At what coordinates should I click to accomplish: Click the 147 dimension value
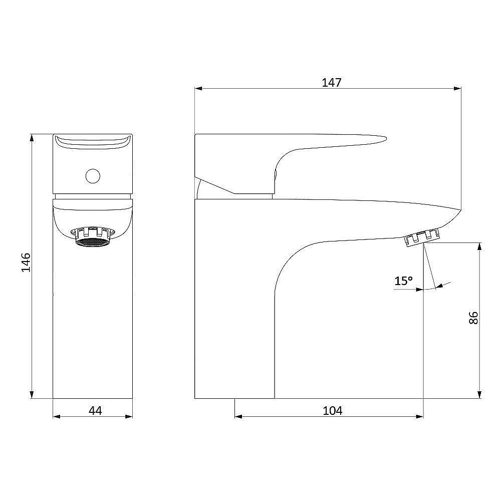click(x=331, y=83)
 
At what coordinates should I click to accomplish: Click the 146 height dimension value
click(x=26, y=263)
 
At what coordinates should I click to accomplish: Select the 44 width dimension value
click(x=95, y=411)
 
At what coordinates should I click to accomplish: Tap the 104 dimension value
click(x=332, y=411)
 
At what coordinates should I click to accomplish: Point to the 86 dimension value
click(x=473, y=318)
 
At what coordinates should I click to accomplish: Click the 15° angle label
click(x=403, y=281)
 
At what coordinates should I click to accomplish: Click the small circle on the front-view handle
click(x=93, y=176)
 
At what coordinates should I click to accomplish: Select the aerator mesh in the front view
click(x=93, y=242)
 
